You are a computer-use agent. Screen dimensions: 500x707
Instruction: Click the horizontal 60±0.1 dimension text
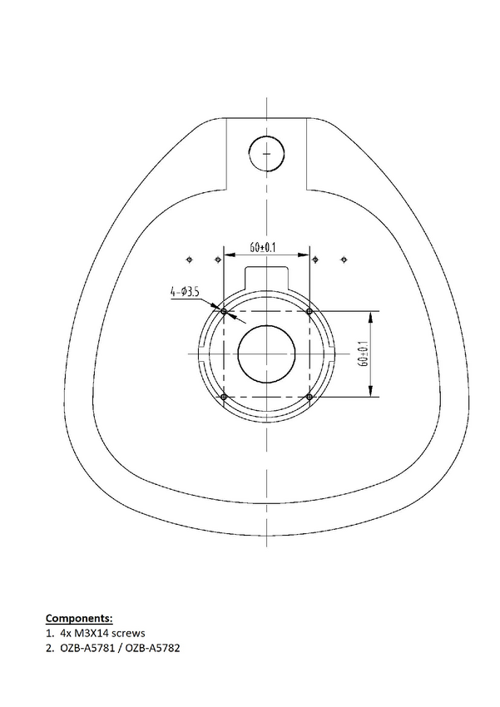coord(263,247)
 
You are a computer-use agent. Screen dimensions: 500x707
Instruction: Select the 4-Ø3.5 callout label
coord(185,292)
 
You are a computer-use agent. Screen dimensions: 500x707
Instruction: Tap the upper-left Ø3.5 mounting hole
coord(224,311)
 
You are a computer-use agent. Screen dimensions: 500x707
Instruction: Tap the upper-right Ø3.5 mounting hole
coord(309,311)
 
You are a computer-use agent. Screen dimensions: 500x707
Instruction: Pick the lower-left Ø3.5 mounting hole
coord(224,397)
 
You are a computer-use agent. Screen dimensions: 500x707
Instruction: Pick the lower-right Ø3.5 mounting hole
coord(309,397)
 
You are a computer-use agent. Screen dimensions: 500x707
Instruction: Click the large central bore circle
coord(266,325)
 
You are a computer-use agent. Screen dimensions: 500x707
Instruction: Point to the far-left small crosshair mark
coord(190,260)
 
